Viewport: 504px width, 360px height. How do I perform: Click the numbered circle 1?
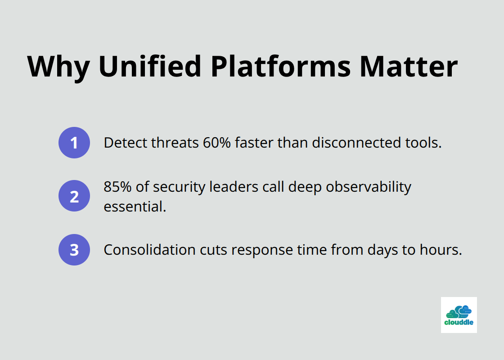coord(74,143)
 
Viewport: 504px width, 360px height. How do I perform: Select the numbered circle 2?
coord(74,196)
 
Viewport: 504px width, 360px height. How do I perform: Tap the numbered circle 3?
coord(74,250)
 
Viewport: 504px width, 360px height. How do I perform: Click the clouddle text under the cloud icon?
coord(459,323)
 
